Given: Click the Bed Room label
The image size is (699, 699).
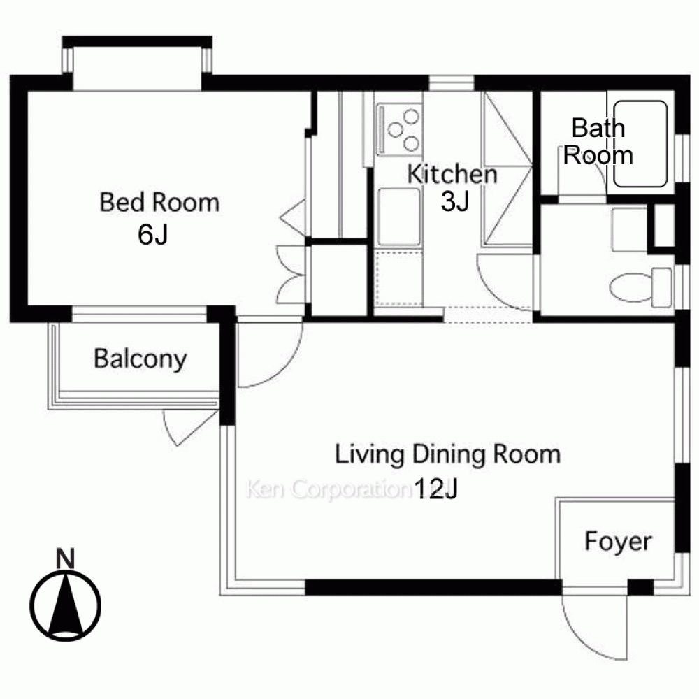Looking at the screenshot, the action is click(159, 202).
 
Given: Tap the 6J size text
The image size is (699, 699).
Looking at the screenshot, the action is click(152, 234).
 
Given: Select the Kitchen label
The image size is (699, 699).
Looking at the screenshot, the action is click(452, 174).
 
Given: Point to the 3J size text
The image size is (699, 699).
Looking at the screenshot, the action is click(455, 201).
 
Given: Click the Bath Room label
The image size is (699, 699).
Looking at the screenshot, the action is click(598, 141).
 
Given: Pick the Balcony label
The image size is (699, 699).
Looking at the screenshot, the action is click(140, 359).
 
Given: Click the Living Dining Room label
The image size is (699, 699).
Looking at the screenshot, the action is click(447, 454).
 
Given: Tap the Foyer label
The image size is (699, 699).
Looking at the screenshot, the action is click(618, 542).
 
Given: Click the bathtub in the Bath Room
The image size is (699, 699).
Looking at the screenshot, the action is click(640, 144).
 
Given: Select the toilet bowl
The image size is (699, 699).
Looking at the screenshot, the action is click(640, 287).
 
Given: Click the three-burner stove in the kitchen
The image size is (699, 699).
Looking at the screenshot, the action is click(399, 129).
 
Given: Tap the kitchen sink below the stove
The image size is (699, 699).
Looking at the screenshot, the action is click(399, 217).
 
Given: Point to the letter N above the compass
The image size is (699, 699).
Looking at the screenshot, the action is click(66, 559).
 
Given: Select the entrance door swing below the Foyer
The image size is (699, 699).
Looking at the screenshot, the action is click(595, 626).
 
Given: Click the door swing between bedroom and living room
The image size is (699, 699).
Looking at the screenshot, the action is click(270, 354).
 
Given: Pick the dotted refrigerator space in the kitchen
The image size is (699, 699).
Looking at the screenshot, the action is click(398, 279).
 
